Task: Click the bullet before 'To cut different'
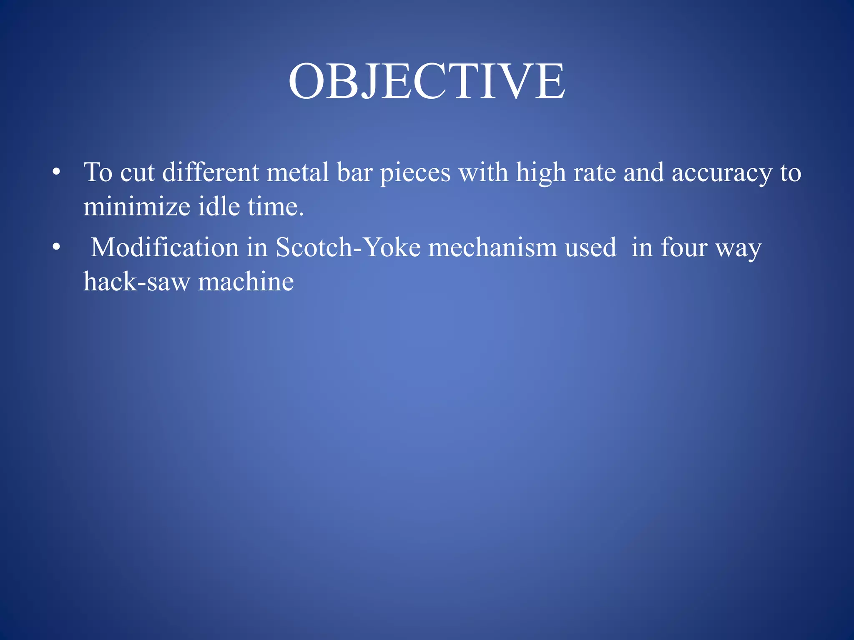[x=57, y=172]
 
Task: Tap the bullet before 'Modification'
[x=57, y=247]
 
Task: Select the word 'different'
[x=211, y=172]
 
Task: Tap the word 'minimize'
[x=137, y=206]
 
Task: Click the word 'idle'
[x=219, y=206]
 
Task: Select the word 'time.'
[x=276, y=206]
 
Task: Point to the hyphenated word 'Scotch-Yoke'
[x=348, y=247]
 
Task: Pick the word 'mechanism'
[x=493, y=247]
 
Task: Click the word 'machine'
[x=246, y=282]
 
